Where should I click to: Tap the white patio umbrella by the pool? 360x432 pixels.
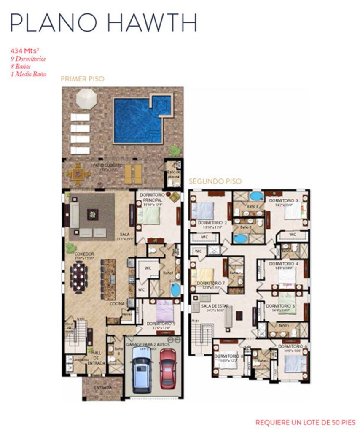pos(86,100)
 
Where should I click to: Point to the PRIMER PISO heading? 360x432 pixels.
pos(82,78)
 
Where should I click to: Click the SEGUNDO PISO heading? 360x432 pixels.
pos(215,181)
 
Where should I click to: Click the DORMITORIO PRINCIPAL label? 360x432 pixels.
pos(152,197)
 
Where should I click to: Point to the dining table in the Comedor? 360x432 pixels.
pos(79,276)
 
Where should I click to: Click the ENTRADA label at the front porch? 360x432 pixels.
pos(102,387)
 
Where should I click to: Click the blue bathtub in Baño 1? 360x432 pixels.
pos(175,289)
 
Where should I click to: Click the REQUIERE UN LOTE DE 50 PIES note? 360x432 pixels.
pos(305,422)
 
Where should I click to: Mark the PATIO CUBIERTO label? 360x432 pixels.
pos(108,165)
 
